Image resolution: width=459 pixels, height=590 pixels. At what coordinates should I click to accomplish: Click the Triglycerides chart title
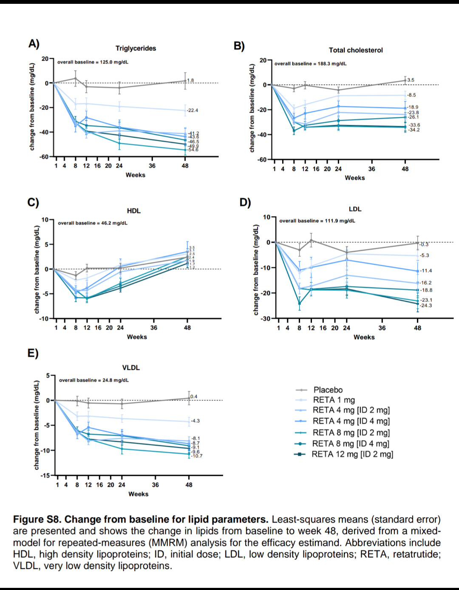pyautogui.click(x=136, y=48)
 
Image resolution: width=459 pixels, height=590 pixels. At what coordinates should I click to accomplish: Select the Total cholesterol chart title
pyautogui.click(x=356, y=50)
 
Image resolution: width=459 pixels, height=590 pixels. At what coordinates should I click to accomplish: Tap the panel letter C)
pyautogui.click(x=33, y=202)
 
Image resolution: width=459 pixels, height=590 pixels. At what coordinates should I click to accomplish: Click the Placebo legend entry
pyautogui.click(x=328, y=390)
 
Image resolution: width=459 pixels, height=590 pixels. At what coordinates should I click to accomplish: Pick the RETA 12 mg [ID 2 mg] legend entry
pyautogui.click(x=352, y=454)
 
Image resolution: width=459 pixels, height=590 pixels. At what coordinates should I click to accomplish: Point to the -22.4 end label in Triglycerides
pyautogui.click(x=193, y=111)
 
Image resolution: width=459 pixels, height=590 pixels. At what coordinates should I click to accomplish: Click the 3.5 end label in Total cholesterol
pyautogui.click(x=411, y=80)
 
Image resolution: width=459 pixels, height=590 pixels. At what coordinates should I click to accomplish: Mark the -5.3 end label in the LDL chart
pyautogui.click(x=424, y=255)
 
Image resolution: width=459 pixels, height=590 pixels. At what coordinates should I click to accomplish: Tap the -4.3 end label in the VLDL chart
pyautogui.click(x=195, y=421)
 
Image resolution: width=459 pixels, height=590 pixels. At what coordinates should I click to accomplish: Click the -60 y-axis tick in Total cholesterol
pyautogui.click(x=262, y=160)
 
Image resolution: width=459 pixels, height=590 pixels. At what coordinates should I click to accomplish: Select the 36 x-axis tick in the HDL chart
pyautogui.click(x=154, y=328)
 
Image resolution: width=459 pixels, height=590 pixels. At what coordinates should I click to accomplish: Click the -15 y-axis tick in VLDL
pyautogui.click(x=45, y=475)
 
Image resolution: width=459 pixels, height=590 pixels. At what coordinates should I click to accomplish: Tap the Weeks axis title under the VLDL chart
pyautogui.click(x=139, y=494)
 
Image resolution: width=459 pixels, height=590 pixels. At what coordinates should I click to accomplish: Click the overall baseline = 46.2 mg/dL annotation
pyautogui.click(x=93, y=223)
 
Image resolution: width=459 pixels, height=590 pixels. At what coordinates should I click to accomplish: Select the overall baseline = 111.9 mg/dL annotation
pyautogui.click(x=317, y=221)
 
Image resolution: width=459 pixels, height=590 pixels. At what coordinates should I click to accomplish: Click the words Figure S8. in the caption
pyautogui.click(x=37, y=519)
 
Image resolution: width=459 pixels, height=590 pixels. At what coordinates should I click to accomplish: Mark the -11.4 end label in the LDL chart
pyautogui.click(x=426, y=271)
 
